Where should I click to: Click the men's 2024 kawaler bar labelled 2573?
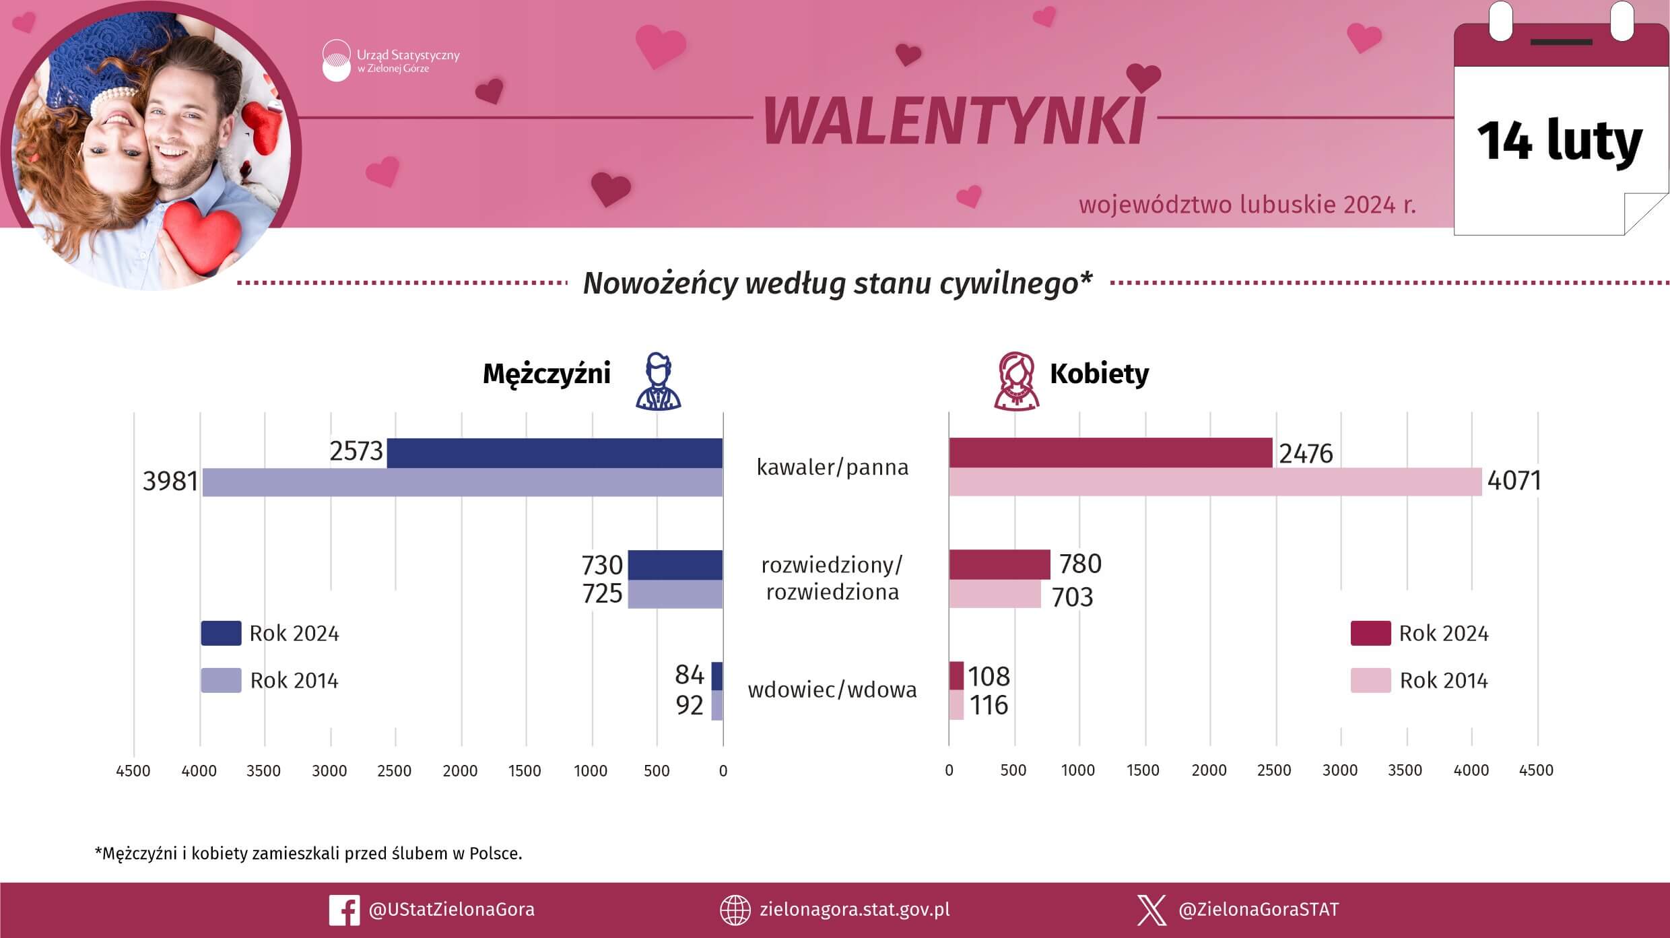pos(554,453)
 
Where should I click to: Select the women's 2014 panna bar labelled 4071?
pos(1215,481)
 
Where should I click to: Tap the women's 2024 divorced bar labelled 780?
pos(999,564)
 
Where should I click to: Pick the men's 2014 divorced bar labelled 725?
pos(675,594)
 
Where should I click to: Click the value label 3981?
pos(170,481)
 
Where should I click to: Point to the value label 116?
pos(989,705)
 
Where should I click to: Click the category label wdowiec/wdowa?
pos(832,690)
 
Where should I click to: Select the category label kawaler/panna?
pos(832,467)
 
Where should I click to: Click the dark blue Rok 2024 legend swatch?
pos(221,633)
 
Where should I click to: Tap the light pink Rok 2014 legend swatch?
pos(1370,680)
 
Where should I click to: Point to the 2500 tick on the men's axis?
pos(395,770)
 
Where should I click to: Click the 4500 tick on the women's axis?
pos(1536,770)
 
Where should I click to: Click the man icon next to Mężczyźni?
pos(658,381)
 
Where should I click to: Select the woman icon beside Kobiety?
pos(1016,381)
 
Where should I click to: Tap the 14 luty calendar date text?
pos(1560,141)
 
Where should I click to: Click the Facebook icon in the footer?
pos(343,910)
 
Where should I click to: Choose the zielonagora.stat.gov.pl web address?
pos(854,909)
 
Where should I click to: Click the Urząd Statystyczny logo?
pos(337,61)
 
